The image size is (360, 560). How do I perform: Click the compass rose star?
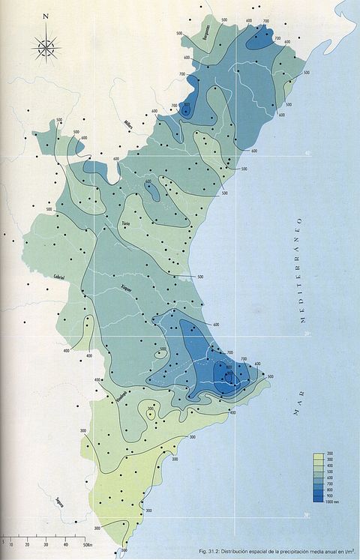click(x=46, y=48)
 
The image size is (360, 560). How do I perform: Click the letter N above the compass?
click(x=46, y=16)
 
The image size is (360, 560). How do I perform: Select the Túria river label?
click(x=126, y=223)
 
